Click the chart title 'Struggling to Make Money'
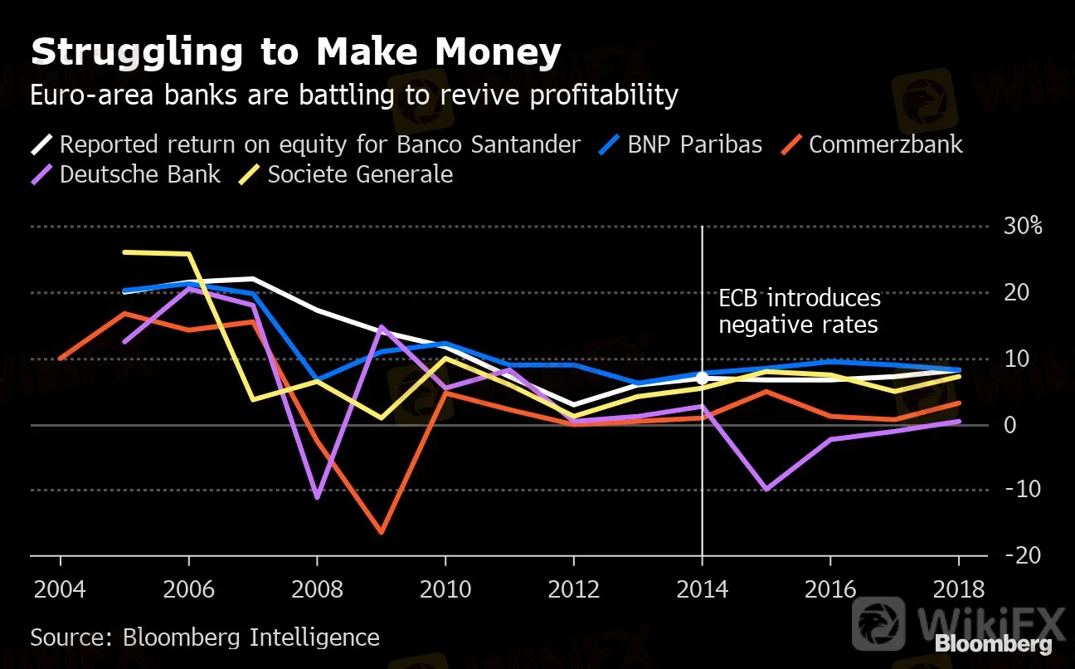296,53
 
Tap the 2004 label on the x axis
60,590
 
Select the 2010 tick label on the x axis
445,590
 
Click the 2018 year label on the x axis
960,590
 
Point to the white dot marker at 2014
703,378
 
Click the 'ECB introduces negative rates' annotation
800,311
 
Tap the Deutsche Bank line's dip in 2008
317,497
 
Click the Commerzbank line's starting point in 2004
60,359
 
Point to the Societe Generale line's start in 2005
124,251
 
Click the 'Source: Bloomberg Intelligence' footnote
205,637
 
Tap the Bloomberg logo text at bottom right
993,644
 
